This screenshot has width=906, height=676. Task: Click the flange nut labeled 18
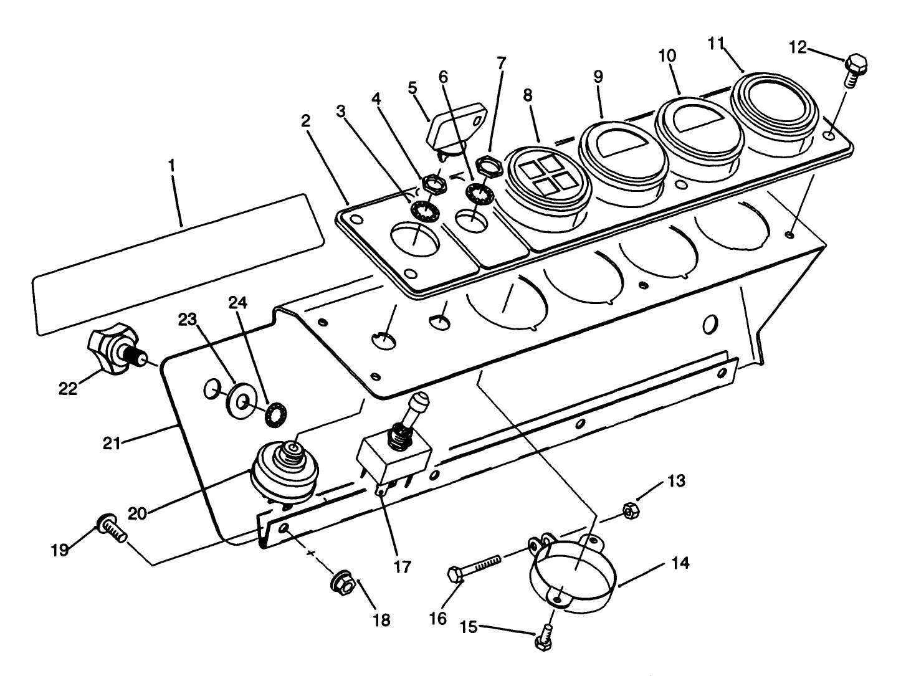[x=343, y=583]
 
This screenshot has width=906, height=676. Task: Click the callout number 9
[x=598, y=77]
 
